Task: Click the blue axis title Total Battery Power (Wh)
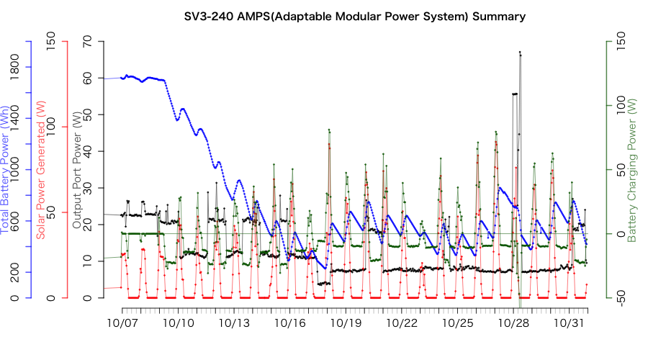(x=7, y=170)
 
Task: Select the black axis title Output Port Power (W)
(x=76, y=170)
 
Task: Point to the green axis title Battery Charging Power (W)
(x=631, y=170)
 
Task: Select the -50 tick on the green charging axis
(x=613, y=297)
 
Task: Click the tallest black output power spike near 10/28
(x=519, y=53)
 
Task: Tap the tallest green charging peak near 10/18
(x=328, y=130)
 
